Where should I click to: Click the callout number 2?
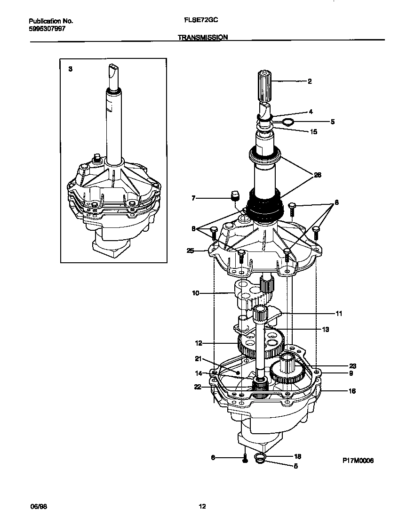pos(310,81)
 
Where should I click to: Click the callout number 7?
pos(193,199)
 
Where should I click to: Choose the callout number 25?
pos(191,251)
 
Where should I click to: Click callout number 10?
pos(195,293)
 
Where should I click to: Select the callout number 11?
pos(339,313)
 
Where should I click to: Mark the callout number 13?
pos(325,330)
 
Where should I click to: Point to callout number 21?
pos(198,359)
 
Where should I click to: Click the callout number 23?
pos(352,365)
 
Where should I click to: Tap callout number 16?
pos(352,391)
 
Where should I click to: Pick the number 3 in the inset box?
pos(70,69)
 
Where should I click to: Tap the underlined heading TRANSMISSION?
pos(203,37)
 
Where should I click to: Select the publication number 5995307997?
pos(47,28)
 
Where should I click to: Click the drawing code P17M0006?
pos(358,461)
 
